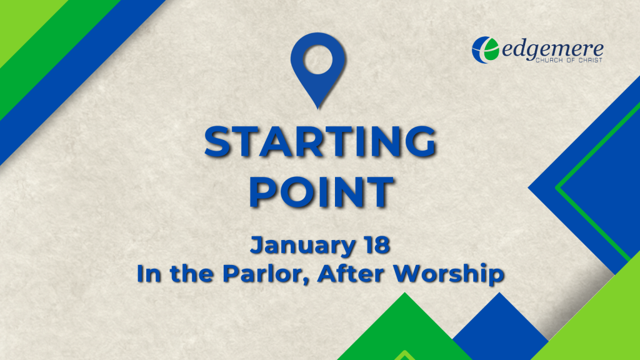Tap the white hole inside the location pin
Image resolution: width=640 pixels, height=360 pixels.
318,59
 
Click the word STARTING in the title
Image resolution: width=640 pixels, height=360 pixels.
321,141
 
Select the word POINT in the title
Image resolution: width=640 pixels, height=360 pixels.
322,191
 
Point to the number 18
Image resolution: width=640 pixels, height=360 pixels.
376,245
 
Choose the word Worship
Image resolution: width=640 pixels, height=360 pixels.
449,274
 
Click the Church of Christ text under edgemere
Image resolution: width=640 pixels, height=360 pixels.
569,60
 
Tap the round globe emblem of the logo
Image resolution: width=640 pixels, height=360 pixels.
485,50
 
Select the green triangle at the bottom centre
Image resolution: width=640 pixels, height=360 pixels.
405,331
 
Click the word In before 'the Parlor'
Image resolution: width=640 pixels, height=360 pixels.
149,274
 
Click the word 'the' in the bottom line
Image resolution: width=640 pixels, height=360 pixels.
192,274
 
